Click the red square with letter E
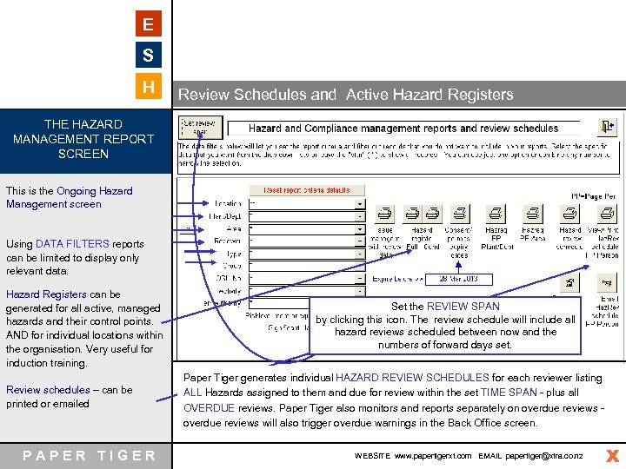(149, 24)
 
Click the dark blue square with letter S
(149, 56)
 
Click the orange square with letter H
(149, 87)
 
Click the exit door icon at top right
(609, 125)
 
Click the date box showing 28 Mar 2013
(458, 279)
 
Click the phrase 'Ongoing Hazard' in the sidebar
(95, 191)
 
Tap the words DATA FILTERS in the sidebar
(72, 244)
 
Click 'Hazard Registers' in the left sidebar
(46, 294)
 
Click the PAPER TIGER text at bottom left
(90, 455)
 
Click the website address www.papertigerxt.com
(432, 455)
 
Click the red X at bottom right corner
(612, 455)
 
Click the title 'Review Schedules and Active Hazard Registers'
(345, 95)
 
